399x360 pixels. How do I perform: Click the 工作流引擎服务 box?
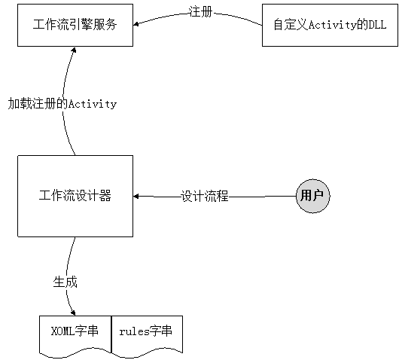tap(75, 25)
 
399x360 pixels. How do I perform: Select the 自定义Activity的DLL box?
tap(330, 25)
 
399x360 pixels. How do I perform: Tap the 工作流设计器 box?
tap(75, 196)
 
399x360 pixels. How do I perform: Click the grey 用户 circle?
tap(313, 196)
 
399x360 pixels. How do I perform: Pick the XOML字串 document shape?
tap(75, 336)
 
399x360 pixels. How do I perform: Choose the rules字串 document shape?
tap(147, 336)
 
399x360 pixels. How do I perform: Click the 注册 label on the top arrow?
tap(200, 12)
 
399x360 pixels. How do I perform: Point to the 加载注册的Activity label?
tap(62, 104)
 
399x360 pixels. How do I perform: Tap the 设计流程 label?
tap(205, 196)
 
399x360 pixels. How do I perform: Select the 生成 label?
tap(65, 282)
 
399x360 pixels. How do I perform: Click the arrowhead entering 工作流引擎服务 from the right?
tap(136, 24)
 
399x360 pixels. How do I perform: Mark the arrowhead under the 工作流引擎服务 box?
tap(74, 50)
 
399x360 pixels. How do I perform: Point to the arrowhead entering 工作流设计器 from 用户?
tap(136, 197)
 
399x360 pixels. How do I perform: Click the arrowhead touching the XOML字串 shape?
tap(73, 313)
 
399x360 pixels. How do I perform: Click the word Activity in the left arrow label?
tap(93, 104)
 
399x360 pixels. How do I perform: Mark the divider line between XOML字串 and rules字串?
tap(111, 334)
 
